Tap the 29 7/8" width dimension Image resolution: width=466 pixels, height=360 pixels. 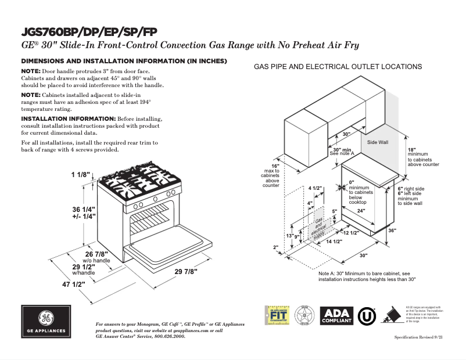[186, 271]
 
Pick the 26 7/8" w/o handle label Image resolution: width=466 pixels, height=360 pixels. [97, 257]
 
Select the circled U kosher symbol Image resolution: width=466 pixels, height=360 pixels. [365, 315]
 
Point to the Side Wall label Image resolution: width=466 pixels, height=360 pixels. [378, 142]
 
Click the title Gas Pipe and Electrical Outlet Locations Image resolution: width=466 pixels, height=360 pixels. [338, 67]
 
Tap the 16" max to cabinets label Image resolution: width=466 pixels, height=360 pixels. [271, 175]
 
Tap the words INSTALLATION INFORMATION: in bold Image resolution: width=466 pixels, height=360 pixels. [68, 118]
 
